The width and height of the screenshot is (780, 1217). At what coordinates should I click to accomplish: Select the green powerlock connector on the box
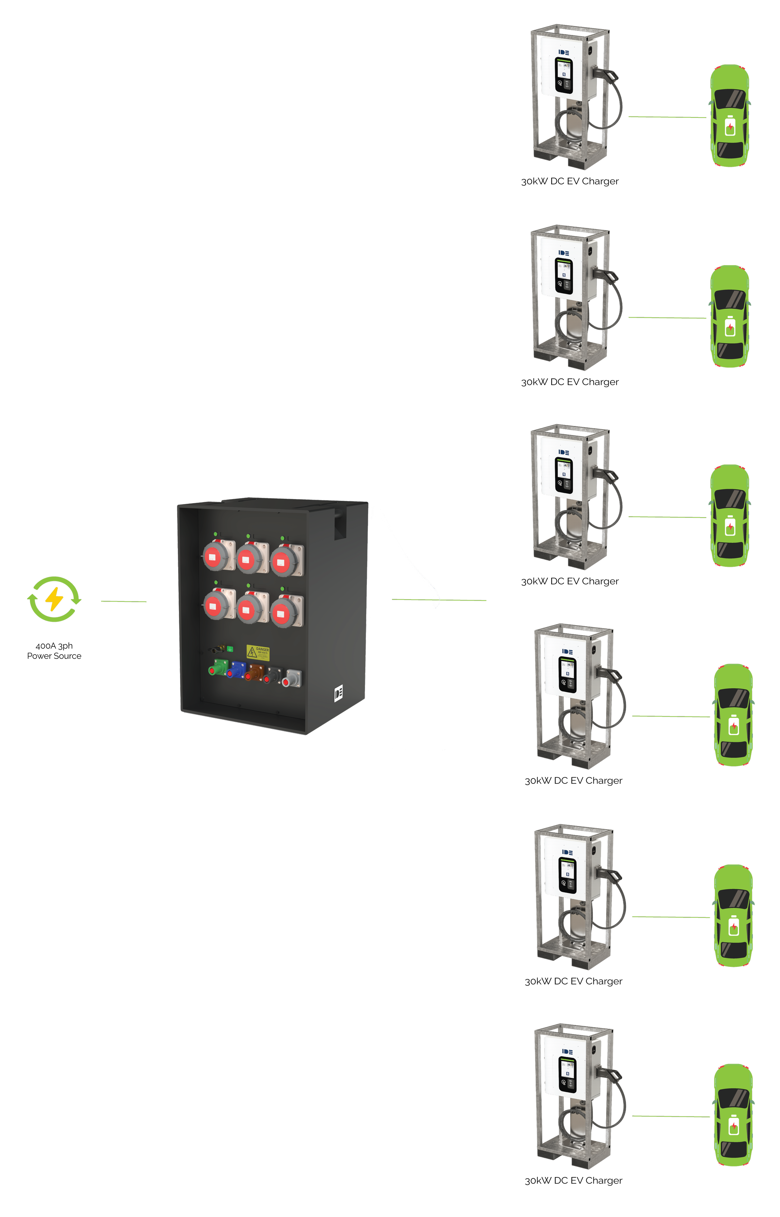pyautogui.click(x=218, y=668)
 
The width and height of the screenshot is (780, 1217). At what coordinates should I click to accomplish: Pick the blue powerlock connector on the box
pyautogui.click(x=236, y=670)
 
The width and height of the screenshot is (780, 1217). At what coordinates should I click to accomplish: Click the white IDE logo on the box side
pyautogui.click(x=338, y=693)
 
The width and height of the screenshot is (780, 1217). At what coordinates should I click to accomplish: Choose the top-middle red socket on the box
pyautogui.click(x=247, y=559)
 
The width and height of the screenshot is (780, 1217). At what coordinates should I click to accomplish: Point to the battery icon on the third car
pyautogui.click(x=730, y=527)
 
